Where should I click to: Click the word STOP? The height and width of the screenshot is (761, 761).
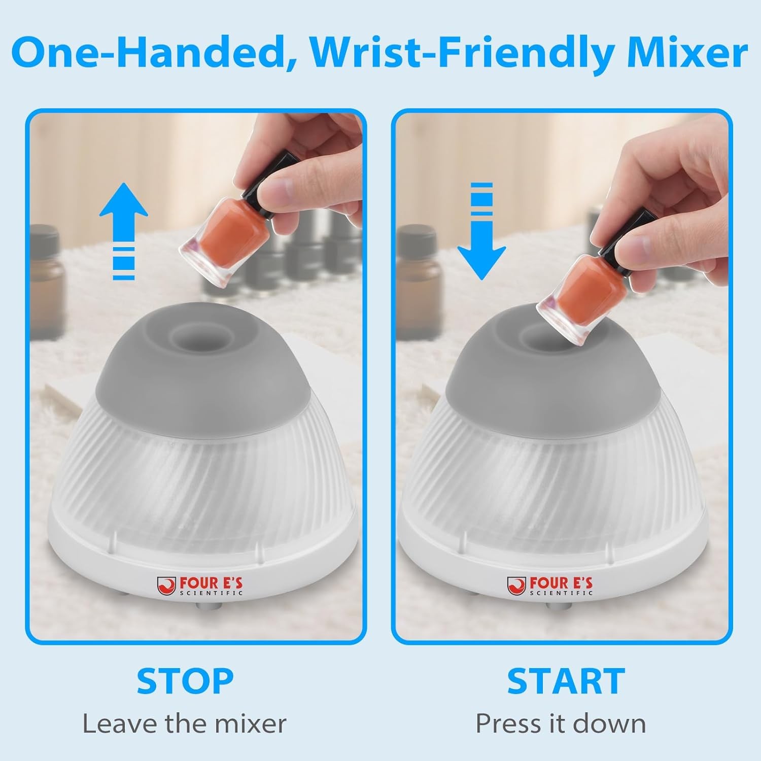pos(185,681)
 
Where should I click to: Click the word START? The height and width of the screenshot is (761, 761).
pos(566,681)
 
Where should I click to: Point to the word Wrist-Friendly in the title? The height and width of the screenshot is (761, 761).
pos(462,53)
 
